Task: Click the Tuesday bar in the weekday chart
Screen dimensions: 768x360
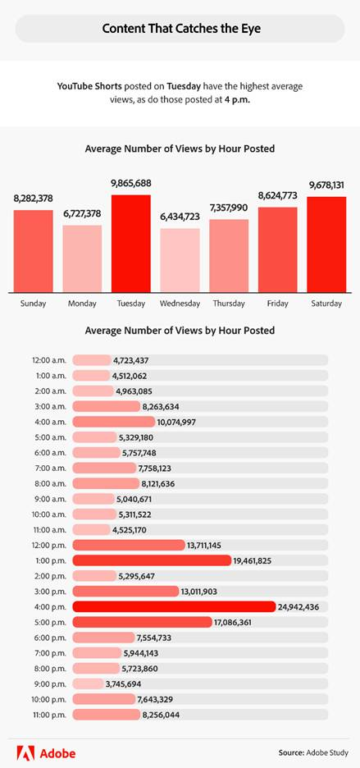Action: coord(131,244)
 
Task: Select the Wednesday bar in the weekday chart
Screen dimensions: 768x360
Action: coord(180,260)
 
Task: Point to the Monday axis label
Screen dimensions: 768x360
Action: coord(82,304)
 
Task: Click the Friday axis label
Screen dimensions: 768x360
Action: coord(277,304)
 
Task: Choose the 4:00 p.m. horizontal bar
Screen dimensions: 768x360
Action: coord(174,606)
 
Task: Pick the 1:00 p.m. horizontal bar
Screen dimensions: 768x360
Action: coord(152,560)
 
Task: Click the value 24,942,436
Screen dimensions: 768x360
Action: coord(304,606)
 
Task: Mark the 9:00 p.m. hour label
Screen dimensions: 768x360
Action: coord(51,683)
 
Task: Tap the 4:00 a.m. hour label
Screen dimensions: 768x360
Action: coord(51,422)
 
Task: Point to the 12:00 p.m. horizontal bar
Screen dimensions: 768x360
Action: coord(129,545)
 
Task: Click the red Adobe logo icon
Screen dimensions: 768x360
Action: coord(25,751)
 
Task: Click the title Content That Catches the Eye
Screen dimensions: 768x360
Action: coord(180,29)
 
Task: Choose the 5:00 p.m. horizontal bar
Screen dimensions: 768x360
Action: coord(142,622)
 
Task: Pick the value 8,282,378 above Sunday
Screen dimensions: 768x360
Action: coord(34,199)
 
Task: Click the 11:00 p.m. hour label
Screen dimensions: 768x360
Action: coord(51,714)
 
